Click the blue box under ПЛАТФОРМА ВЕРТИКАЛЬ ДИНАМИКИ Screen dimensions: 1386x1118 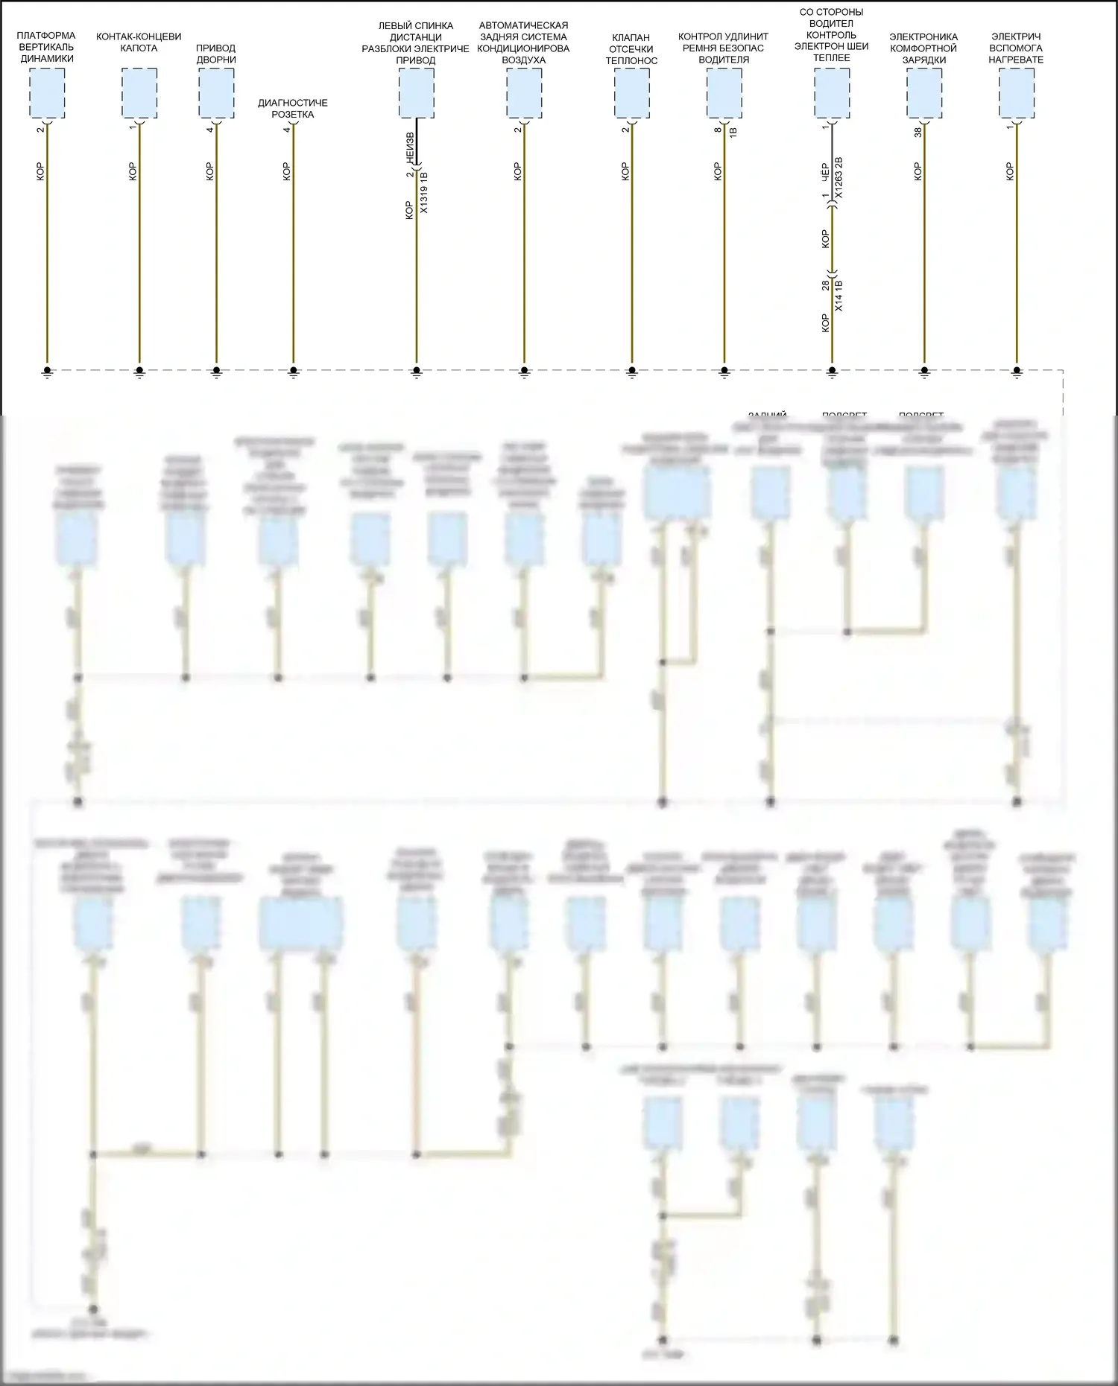pyautogui.click(x=47, y=92)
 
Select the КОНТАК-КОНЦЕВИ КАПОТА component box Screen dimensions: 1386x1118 pyautogui.click(x=139, y=92)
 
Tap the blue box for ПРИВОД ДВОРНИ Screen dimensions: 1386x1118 pyautogui.click(x=216, y=92)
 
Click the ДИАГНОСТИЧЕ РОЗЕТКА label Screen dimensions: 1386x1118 pyautogui.click(x=293, y=109)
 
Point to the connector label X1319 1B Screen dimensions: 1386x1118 pyautogui.click(x=424, y=193)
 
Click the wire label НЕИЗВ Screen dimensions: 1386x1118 pyautogui.click(x=409, y=147)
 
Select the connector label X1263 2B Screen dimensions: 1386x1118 pyautogui.click(x=838, y=177)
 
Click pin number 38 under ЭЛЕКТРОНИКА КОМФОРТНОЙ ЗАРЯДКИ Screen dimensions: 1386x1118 pyautogui.click(x=918, y=131)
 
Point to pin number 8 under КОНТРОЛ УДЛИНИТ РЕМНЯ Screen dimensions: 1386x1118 pyautogui.click(x=718, y=130)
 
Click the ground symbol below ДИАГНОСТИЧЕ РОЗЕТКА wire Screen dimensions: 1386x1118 pyautogui.click(x=294, y=372)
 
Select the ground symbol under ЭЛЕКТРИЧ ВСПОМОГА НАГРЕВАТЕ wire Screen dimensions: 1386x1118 pyautogui.click(x=1017, y=372)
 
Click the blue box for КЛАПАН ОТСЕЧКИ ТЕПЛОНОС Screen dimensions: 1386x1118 pyautogui.click(x=632, y=92)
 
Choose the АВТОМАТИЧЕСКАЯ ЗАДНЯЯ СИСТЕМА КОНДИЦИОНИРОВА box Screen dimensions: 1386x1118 pyautogui.click(x=524, y=92)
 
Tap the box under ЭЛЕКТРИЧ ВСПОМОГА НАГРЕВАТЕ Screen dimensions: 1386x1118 pyautogui.click(x=1017, y=92)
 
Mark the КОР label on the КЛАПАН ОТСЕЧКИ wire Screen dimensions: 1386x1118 pyautogui.click(x=625, y=171)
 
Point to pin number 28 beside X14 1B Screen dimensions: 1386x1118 pyautogui.click(x=825, y=285)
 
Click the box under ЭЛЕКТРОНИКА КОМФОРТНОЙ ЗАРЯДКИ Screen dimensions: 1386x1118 pyautogui.click(x=924, y=92)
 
